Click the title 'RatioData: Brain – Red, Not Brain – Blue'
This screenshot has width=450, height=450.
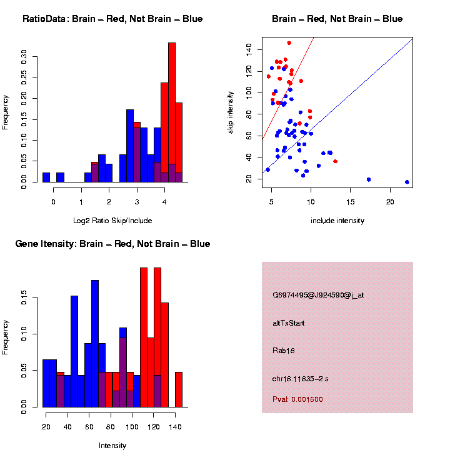112,19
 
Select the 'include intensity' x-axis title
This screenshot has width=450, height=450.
337,220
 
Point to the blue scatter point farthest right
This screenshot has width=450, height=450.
407,182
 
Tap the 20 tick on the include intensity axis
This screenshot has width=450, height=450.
390,202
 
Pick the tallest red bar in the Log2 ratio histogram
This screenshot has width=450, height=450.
172,112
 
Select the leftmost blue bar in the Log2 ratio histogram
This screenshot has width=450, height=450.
46,177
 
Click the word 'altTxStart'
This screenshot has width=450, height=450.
289,323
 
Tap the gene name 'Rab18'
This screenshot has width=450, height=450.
283,351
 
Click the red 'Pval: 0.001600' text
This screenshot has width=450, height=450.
297,399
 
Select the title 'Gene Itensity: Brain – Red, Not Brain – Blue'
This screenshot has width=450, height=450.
112,244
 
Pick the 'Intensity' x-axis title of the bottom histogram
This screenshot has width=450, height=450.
112,446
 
